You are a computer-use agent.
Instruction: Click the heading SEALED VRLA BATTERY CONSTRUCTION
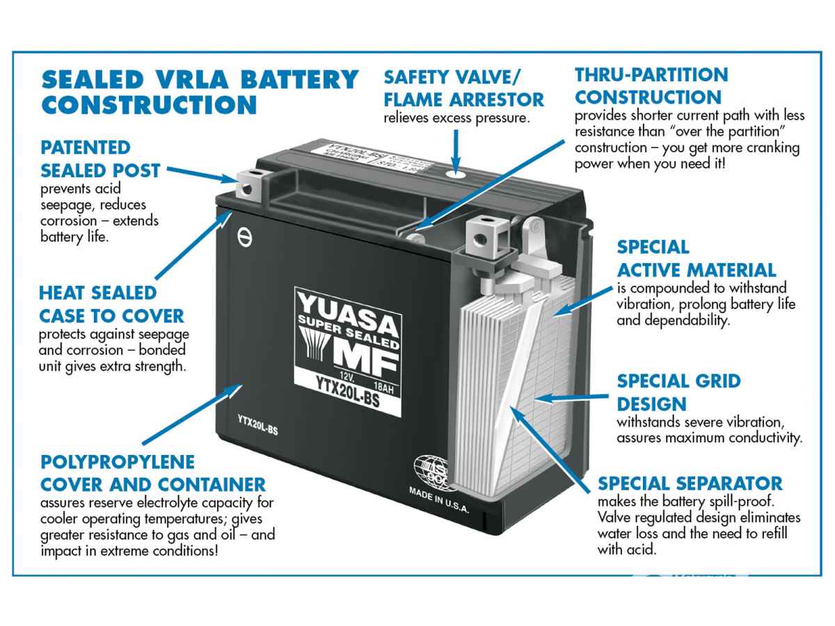(x=200, y=91)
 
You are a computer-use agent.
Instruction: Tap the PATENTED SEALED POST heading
(x=100, y=159)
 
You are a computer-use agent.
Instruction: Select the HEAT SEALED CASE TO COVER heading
(x=111, y=304)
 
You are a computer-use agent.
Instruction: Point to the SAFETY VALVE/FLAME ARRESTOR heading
(x=463, y=87)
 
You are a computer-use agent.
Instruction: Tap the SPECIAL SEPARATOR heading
(x=690, y=483)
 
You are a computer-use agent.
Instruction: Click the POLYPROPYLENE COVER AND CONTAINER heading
(x=152, y=472)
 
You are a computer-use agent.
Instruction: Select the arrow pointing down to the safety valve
(x=456, y=146)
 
